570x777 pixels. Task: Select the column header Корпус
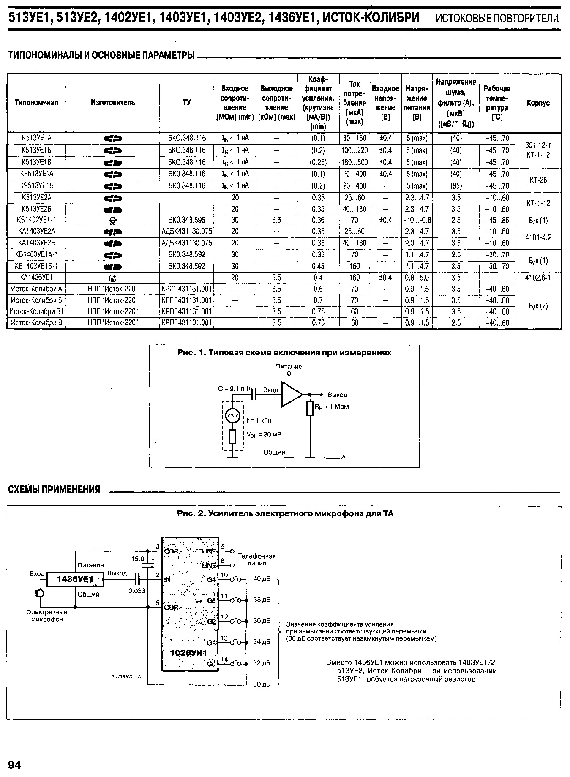click(x=538, y=103)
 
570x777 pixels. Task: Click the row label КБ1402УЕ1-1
click(x=36, y=220)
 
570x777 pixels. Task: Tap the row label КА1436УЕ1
click(x=36, y=278)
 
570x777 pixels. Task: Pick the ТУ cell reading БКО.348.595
click(x=187, y=220)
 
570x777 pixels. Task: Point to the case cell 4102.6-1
click(x=538, y=278)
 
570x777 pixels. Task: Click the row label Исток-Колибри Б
click(x=36, y=300)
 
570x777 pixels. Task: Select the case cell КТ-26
click(x=538, y=180)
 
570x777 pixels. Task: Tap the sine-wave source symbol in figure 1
click(x=233, y=416)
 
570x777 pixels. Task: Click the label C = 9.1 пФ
click(x=234, y=389)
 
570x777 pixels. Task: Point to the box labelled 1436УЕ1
click(x=75, y=579)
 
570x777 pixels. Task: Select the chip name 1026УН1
click(x=188, y=653)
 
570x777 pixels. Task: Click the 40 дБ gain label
click(x=262, y=579)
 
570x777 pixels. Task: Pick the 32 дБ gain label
click(x=262, y=663)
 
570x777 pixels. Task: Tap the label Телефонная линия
click(x=256, y=559)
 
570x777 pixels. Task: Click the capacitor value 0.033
click(x=137, y=591)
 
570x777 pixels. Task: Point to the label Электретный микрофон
click(x=47, y=616)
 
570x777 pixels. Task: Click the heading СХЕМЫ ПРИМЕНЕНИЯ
click(x=55, y=489)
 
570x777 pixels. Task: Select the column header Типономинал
click(x=36, y=103)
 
